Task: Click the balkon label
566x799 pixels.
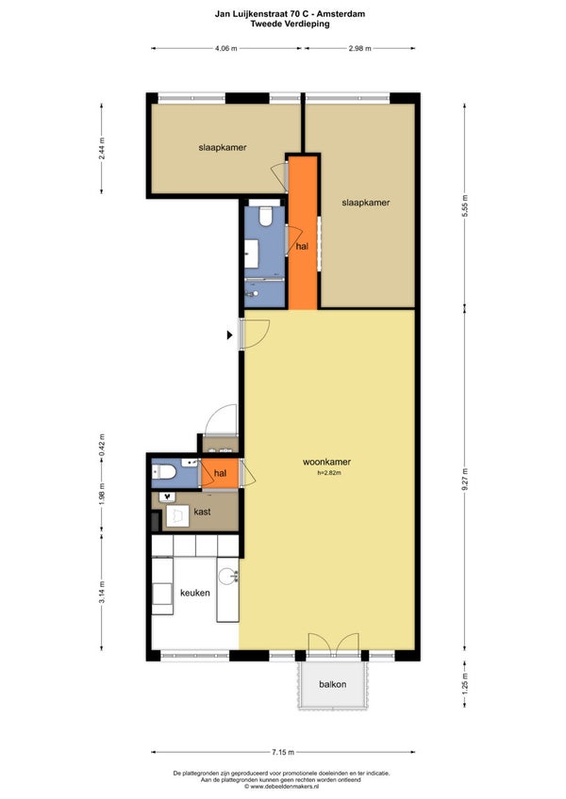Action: pyautogui.click(x=333, y=684)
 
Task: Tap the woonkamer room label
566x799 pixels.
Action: pyautogui.click(x=326, y=463)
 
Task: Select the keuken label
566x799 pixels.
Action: pyautogui.click(x=195, y=593)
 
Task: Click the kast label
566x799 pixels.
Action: pyautogui.click(x=202, y=512)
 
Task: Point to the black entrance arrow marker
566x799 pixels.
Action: pyautogui.click(x=229, y=334)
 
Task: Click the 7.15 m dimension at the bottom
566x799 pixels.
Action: pyautogui.click(x=283, y=752)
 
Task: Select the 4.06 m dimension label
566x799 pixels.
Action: pyautogui.click(x=226, y=48)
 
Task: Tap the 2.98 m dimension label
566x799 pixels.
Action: pyautogui.click(x=359, y=48)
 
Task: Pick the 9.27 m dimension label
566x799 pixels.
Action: pyautogui.click(x=464, y=479)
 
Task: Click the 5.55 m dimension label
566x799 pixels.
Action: pyautogui.click(x=464, y=205)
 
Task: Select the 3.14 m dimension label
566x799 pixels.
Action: pyautogui.click(x=102, y=593)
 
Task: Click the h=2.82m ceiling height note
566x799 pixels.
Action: pyautogui.click(x=329, y=473)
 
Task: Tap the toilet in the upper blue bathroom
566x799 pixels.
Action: pyautogui.click(x=265, y=216)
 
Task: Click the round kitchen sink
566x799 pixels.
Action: pyautogui.click(x=227, y=577)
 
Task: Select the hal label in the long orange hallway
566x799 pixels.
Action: pyautogui.click(x=302, y=246)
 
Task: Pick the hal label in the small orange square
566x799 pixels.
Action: pyautogui.click(x=220, y=473)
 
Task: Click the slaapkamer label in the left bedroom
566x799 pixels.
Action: pyautogui.click(x=223, y=147)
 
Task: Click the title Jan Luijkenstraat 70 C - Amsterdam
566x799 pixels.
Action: pyautogui.click(x=290, y=14)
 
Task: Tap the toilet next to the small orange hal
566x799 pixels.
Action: pyautogui.click(x=164, y=472)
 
